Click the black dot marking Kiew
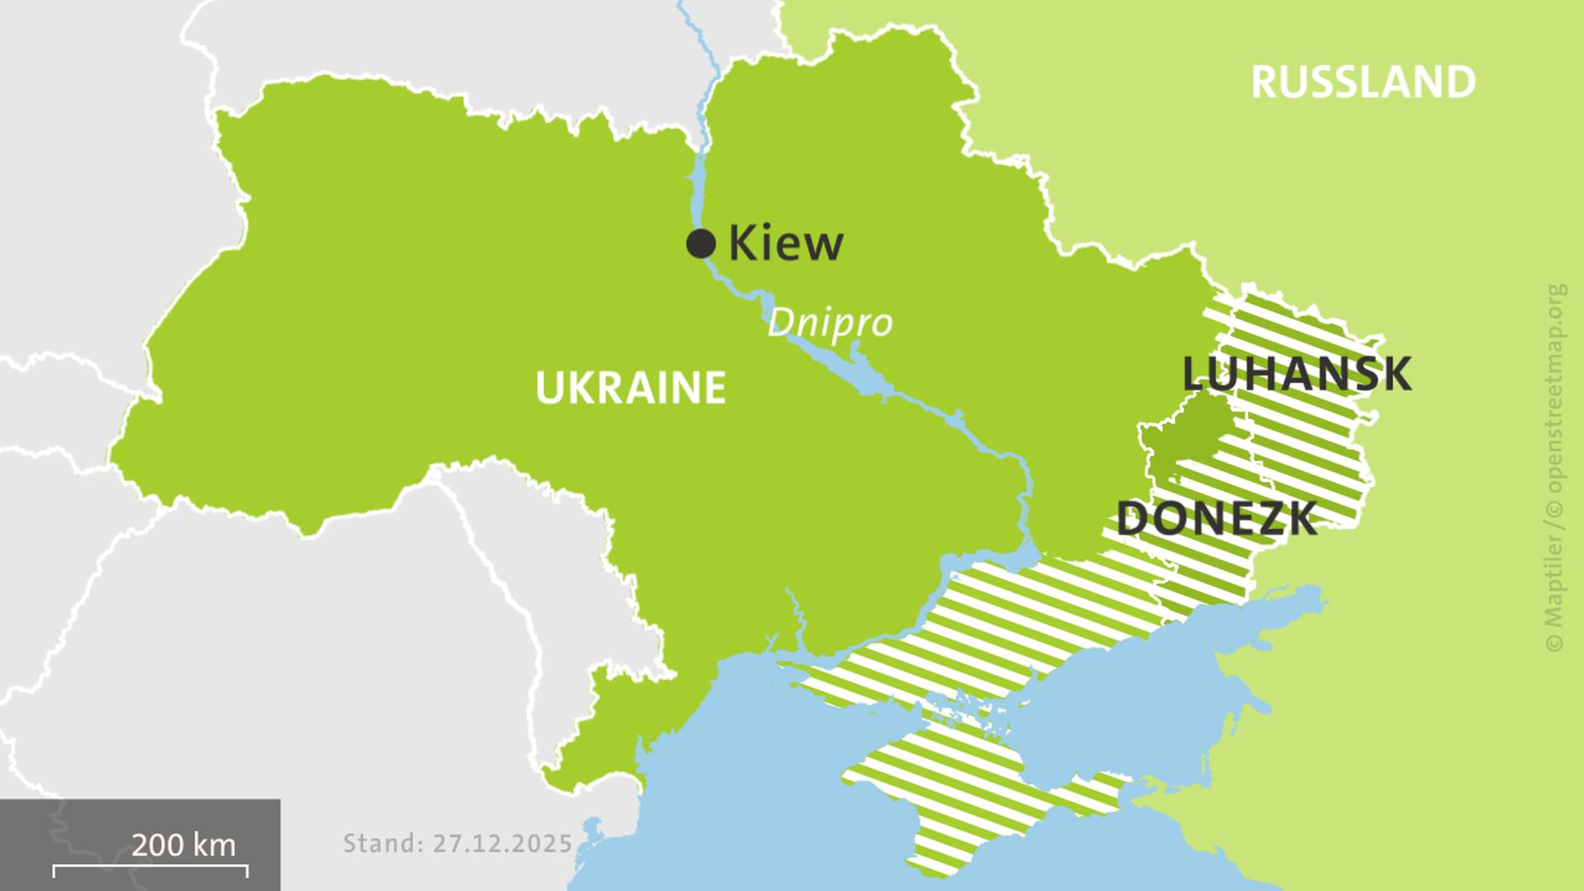[700, 243]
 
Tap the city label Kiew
[785, 243]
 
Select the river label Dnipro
[829, 323]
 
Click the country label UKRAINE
[630, 389]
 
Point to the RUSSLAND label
[1363, 82]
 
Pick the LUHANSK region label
[1296, 374]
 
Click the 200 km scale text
[183, 845]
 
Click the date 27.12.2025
[503, 843]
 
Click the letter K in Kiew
[742, 243]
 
